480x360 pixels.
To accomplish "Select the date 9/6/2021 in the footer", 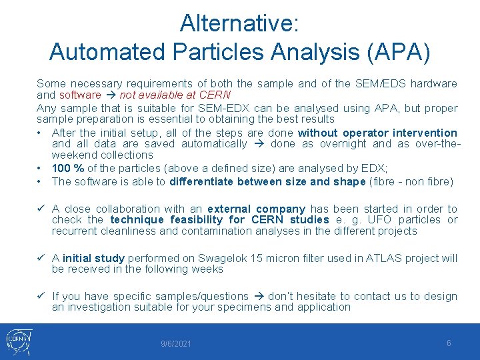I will [x=176, y=344].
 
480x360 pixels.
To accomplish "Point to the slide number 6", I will [x=449, y=343].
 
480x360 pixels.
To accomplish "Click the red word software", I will [x=80, y=95].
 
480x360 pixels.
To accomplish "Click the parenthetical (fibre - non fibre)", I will [x=410, y=181].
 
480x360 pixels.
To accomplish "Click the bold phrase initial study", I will [x=93, y=259].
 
